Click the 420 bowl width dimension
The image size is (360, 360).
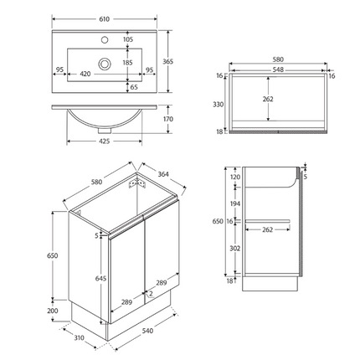[x=85, y=73]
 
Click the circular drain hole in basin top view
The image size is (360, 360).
[x=104, y=63]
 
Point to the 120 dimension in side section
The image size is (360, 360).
[x=234, y=177]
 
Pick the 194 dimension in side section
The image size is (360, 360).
[x=234, y=204]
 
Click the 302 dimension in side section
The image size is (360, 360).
[x=234, y=249]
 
